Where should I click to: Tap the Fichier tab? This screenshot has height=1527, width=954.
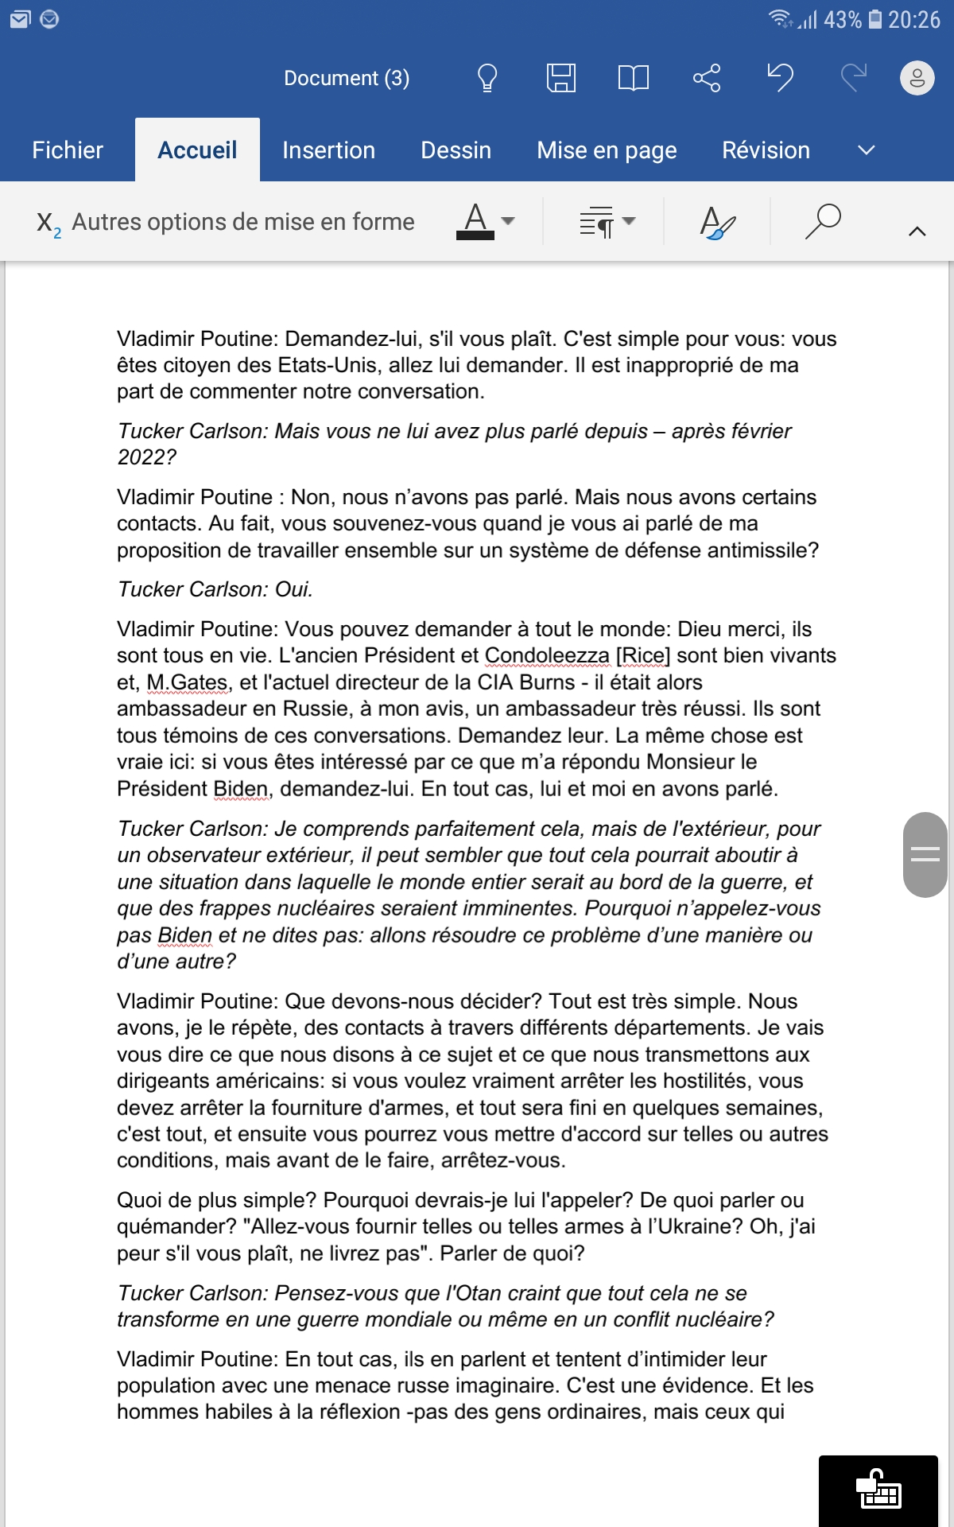click(x=68, y=150)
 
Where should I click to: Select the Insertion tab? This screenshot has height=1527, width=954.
click(x=328, y=150)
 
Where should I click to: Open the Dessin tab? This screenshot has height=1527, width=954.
click(x=456, y=150)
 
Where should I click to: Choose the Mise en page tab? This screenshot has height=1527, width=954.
click(x=607, y=150)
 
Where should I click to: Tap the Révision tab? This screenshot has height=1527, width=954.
click(x=766, y=150)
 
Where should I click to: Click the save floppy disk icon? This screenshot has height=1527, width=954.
click(x=560, y=78)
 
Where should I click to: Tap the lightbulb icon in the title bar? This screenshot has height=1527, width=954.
click(x=487, y=78)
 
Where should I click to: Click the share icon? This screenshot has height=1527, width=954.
click(x=707, y=78)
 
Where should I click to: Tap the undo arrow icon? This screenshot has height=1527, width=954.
click(x=781, y=78)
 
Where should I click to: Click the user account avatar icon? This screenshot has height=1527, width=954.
click(x=917, y=78)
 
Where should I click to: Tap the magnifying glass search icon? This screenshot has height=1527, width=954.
click(x=823, y=221)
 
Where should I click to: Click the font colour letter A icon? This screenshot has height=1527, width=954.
click(x=475, y=220)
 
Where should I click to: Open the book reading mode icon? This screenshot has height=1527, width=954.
click(x=634, y=78)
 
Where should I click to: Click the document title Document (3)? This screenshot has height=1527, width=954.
click(x=347, y=78)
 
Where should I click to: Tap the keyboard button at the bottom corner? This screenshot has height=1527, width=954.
click(x=878, y=1490)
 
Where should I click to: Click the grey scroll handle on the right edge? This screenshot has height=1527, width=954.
click(x=925, y=855)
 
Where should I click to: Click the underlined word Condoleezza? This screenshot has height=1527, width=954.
click(x=547, y=656)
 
